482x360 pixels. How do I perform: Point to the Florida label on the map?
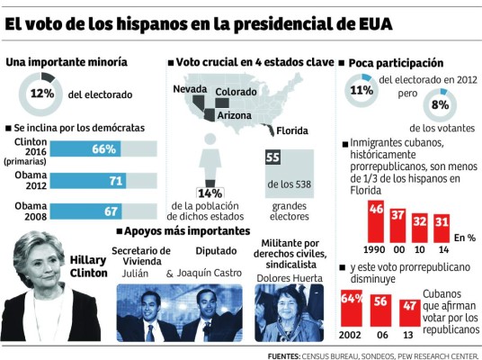coord(291,130)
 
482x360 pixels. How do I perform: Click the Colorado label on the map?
coord(236,91)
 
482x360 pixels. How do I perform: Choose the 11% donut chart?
coord(362,90)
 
